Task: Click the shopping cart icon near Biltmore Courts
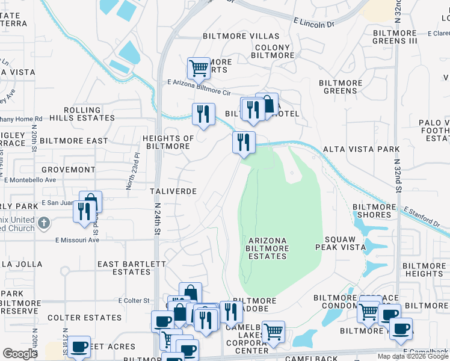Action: (x=199, y=67)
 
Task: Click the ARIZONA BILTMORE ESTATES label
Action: (x=268, y=248)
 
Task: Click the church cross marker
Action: (x=43, y=224)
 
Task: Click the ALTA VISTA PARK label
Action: (x=361, y=149)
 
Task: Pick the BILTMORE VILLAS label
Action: (x=241, y=37)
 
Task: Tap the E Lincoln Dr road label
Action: (x=313, y=23)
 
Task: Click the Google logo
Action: (x=20, y=354)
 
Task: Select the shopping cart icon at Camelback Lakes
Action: (x=273, y=330)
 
